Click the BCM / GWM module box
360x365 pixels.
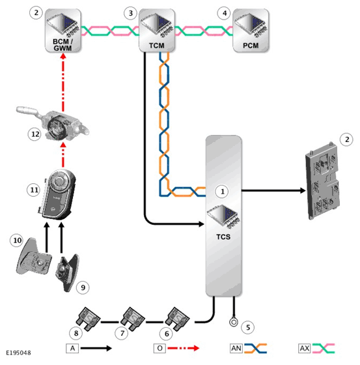(x=62, y=31)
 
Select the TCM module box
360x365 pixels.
(x=157, y=31)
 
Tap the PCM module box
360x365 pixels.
(x=251, y=31)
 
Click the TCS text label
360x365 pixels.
(x=223, y=237)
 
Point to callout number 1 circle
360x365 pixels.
(x=222, y=192)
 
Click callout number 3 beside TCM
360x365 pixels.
(x=130, y=13)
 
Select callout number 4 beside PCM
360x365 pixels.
(x=225, y=13)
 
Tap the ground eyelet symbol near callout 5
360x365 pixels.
(x=234, y=322)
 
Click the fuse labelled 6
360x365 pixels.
(x=178, y=319)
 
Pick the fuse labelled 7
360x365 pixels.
(x=133, y=319)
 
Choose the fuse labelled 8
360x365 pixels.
(x=88, y=319)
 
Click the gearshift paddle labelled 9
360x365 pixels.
(x=66, y=272)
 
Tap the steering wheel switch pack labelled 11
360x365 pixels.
(x=57, y=195)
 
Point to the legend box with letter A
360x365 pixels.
(x=72, y=348)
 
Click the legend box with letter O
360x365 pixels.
(x=159, y=348)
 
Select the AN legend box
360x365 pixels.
(x=236, y=348)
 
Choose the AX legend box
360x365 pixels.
(x=305, y=348)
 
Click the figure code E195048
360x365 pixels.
(x=19, y=353)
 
